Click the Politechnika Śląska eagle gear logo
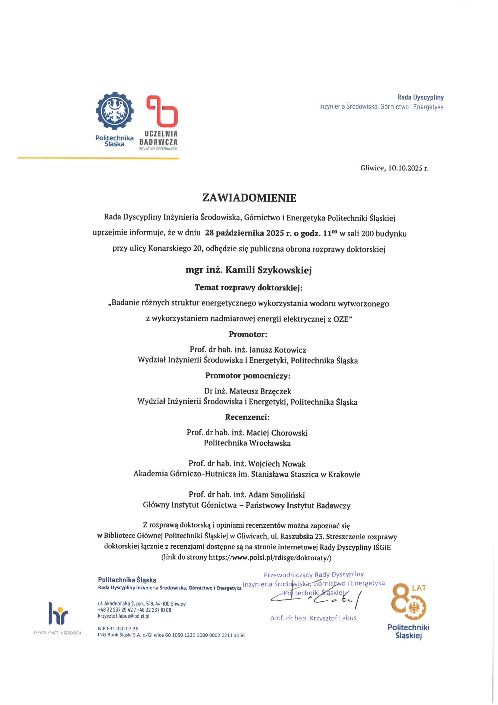(114, 111)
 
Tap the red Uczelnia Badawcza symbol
(162, 111)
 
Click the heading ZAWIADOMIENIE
(249, 198)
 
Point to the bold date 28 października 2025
(245, 233)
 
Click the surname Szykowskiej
(284, 270)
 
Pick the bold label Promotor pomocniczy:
(248, 376)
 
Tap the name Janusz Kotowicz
(277, 350)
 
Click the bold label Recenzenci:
(248, 417)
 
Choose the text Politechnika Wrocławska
(247, 443)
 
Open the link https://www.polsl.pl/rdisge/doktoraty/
(269, 558)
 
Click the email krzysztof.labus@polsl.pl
(124, 616)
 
